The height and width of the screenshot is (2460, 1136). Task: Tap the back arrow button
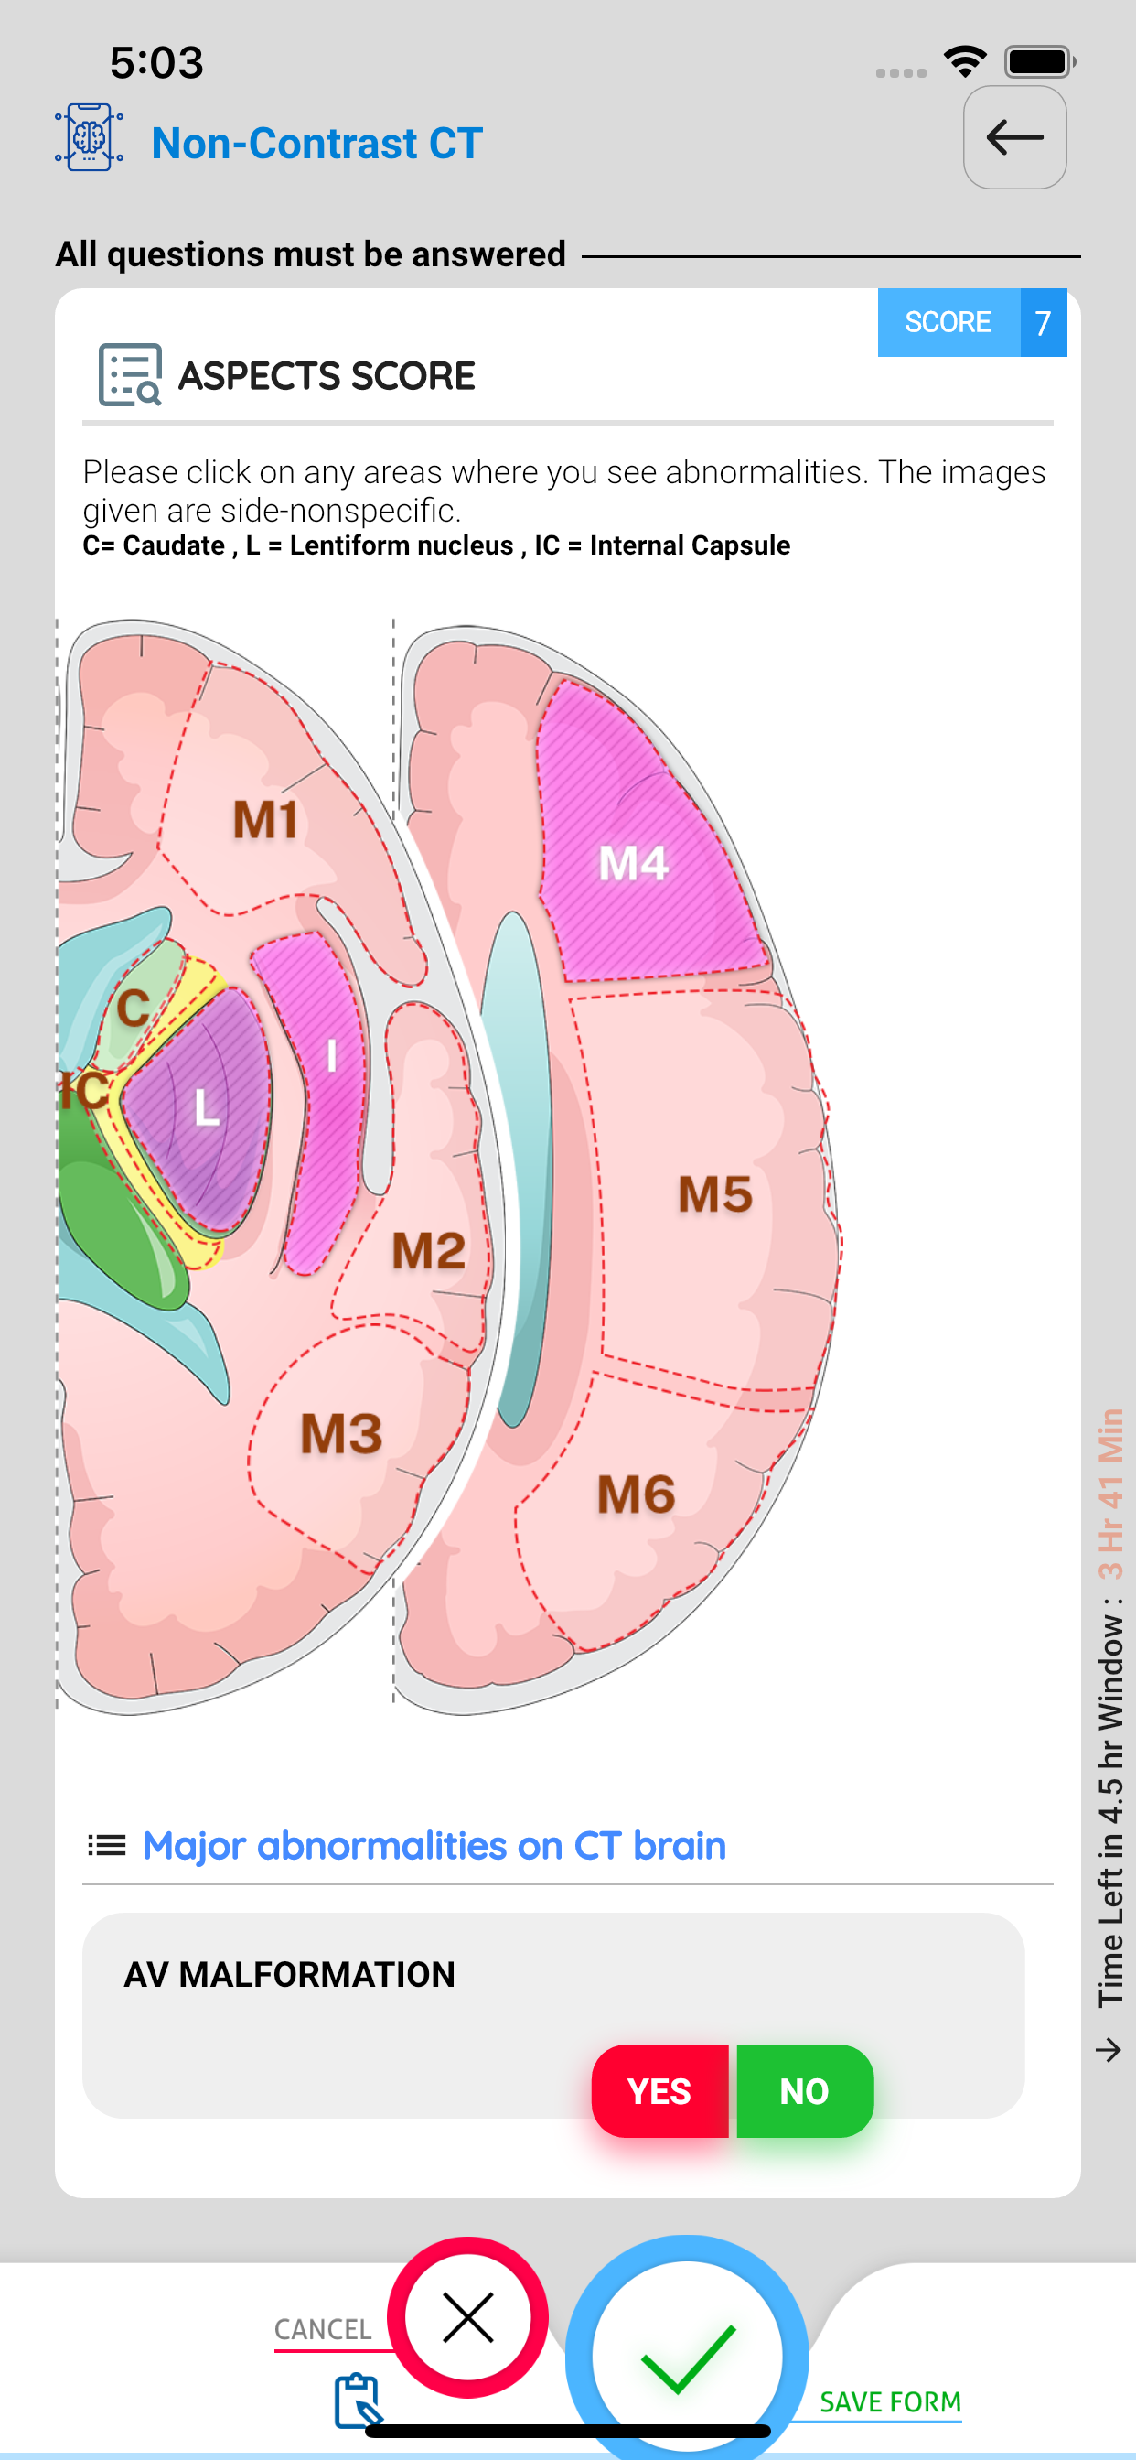[x=1014, y=137]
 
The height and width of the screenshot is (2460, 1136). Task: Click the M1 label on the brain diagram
[x=265, y=820]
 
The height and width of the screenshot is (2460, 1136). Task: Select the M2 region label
[x=429, y=1250]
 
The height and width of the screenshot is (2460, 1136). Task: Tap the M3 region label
[x=341, y=1433]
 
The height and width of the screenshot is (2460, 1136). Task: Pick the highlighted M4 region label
[x=634, y=863]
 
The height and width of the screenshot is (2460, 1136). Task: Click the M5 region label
[x=715, y=1193]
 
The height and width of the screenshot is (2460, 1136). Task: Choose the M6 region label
[x=636, y=1494]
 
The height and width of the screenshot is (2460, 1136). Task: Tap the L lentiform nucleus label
[x=206, y=1107]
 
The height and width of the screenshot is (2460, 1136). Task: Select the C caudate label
[x=134, y=1008]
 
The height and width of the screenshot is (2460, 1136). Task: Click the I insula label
[x=331, y=1055]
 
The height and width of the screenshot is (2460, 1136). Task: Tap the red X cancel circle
[x=467, y=2316]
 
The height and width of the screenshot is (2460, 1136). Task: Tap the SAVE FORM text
[x=890, y=2401]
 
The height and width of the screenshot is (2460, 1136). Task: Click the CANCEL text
[x=323, y=2329]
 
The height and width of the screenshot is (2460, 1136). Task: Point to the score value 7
[x=1044, y=323]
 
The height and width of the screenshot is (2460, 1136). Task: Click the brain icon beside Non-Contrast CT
[x=89, y=137]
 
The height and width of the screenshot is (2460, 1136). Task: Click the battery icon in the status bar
[x=1040, y=62]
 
